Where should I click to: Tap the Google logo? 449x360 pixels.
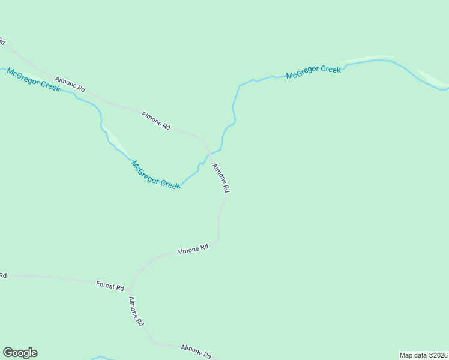point(20,353)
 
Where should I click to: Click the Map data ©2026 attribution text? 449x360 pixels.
point(423,355)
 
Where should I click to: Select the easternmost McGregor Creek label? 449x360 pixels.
point(313,72)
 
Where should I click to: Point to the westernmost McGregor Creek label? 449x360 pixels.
point(34,80)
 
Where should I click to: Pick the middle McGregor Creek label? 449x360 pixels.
point(156,175)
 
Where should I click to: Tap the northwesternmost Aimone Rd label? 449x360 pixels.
point(70,83)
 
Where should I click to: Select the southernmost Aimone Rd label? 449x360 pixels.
point(196,351)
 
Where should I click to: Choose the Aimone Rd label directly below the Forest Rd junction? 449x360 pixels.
point(136,311)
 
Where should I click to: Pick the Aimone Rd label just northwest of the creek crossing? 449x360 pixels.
point(156,120)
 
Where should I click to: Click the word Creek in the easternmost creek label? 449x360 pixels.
point(330,70)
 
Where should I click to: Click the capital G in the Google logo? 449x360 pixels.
point(8,353)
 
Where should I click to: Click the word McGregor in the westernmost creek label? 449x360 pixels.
point(25,76)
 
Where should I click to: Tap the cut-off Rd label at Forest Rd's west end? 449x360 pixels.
point(2,275)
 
